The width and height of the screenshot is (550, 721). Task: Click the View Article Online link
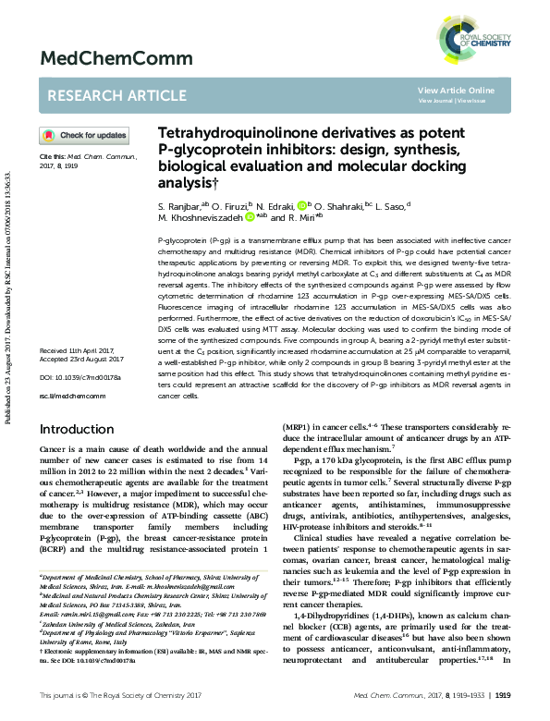[456, 90]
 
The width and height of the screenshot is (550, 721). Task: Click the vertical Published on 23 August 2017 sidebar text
[8, 268]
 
